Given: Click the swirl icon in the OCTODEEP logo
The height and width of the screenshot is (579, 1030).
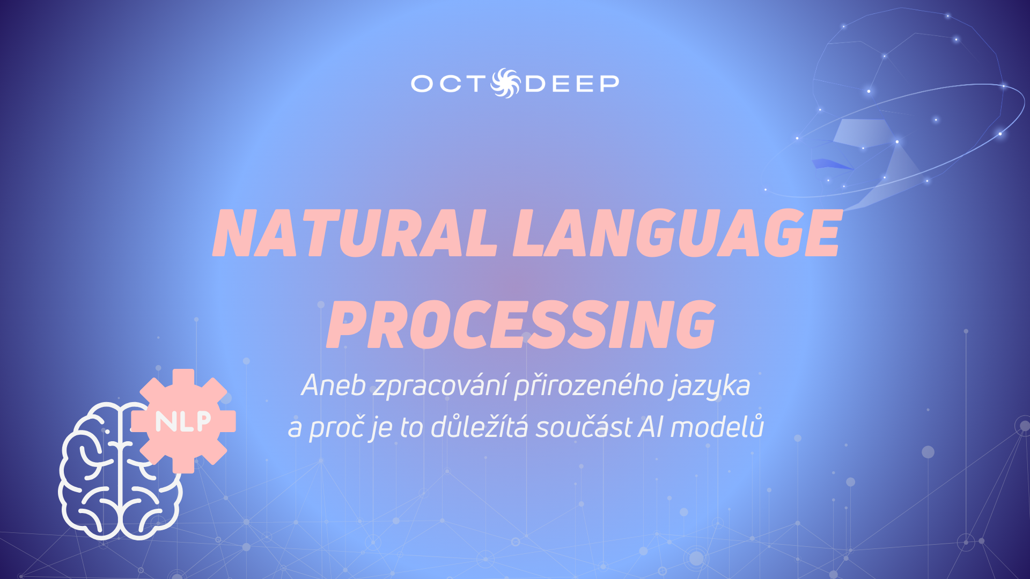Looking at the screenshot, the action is (505, 83).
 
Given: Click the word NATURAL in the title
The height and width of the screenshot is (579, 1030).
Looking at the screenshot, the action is (355, 233).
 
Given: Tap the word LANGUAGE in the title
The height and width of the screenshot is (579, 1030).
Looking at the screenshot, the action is (677, 233).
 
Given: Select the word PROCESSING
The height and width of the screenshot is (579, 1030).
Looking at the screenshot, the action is (521, 324).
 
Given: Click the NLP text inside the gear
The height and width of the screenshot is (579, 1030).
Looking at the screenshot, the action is (183, 422).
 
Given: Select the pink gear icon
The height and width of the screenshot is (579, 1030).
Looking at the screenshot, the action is (183, 421).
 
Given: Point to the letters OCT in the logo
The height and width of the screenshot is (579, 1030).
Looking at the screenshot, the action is (448, 84).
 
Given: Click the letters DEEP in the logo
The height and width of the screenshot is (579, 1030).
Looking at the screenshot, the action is (572, 84).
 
